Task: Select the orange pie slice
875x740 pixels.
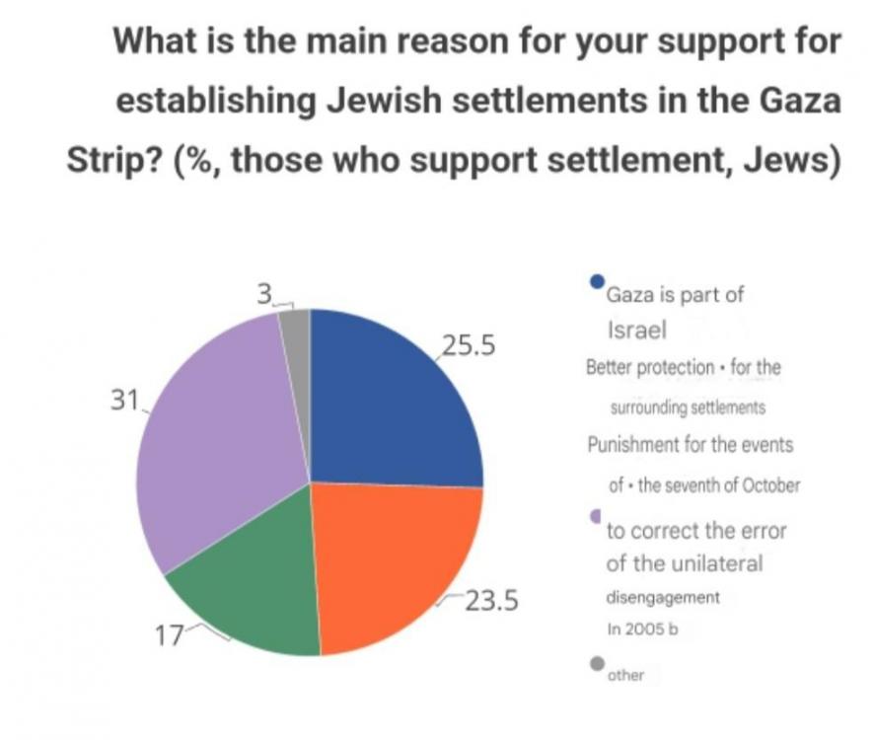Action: click(395, 562)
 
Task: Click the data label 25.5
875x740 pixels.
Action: click(467, 347)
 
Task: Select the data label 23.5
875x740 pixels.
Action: click(491, 600)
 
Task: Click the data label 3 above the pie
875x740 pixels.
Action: click(263, 294)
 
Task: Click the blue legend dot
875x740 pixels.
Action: click(596, 281)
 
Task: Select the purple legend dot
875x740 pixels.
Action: click(595, 516)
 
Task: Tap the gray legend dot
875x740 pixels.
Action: click(596, 663)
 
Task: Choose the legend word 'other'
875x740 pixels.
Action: click(625, 675)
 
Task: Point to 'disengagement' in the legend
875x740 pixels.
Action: click(662, 598)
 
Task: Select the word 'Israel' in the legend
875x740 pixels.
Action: click(636, 330)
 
